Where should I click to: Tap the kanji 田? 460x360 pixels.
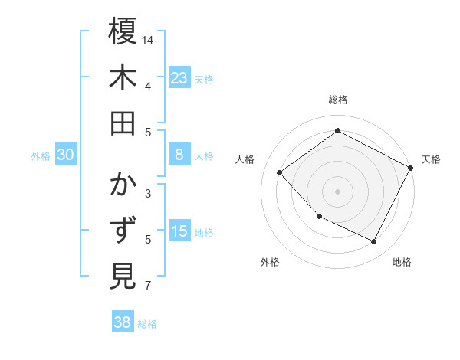[123, 123]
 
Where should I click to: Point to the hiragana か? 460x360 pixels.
[123, 185]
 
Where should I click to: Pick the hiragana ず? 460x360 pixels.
[123, 231]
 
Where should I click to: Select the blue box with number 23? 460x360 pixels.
[179, 77]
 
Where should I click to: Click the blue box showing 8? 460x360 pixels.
[179, 155]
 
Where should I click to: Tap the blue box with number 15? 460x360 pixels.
[179, 231]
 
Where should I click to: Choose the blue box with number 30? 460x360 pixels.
[66, 155]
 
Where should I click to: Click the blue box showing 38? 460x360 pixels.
[123, 322]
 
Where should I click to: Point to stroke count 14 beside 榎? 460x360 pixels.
[148, 40]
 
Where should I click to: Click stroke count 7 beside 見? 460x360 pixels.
[148, 286]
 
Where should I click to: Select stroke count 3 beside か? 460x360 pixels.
[148, 194]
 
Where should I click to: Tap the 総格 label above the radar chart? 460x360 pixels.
[337, 100]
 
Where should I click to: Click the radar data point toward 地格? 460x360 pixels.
[374, 242]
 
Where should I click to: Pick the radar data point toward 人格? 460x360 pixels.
[280, 172]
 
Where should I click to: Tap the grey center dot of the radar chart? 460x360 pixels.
[337, 191]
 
